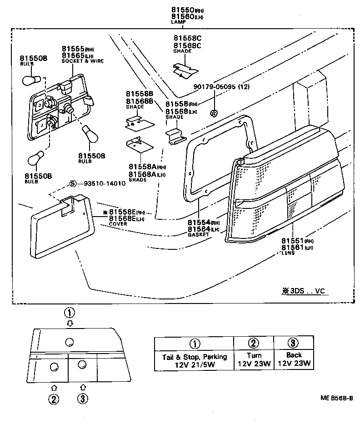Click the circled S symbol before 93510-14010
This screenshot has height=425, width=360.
coord(73,183)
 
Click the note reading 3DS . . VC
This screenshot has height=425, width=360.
coord(304,291)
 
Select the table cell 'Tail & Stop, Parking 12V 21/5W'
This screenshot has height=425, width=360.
coord(194,359)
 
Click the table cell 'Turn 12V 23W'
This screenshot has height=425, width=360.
coord(254,359)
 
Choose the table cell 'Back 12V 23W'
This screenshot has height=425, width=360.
coord(294,359)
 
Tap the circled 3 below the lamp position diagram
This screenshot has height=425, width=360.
coord(82,398)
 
